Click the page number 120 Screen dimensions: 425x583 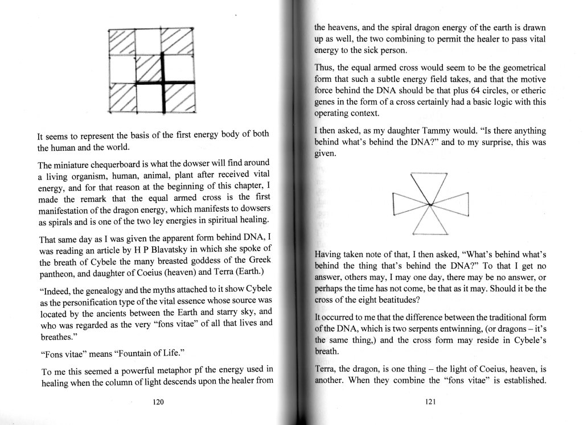click(x=159, y=402)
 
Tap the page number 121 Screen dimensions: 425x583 click(x=430, y=402)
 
